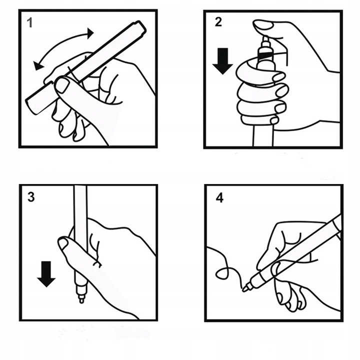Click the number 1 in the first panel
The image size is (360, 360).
click(30, 23)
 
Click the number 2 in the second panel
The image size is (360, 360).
click(218, 22)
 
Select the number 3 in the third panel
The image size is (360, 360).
click(31, 197)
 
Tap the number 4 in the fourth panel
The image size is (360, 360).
click(219, 198)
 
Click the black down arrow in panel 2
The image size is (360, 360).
click(222, 61)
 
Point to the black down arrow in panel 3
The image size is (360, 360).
click(46, 274)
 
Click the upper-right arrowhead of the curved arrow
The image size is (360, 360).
click(90, 33)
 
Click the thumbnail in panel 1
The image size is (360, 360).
click(62, 85)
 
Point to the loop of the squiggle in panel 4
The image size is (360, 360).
click(222, 273)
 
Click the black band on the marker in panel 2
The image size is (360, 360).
click(265, 55)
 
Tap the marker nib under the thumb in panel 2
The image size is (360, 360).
click(265, 41)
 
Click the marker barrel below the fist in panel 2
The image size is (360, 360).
click(263, 135)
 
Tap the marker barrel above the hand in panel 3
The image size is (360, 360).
click(80, 204)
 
